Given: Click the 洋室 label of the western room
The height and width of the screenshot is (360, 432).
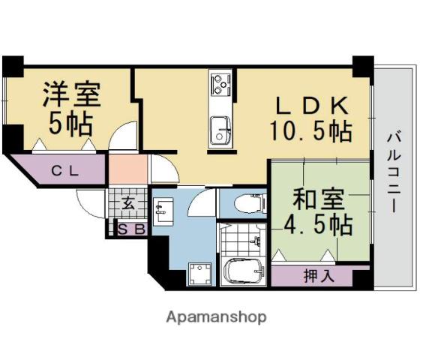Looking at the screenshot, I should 71,94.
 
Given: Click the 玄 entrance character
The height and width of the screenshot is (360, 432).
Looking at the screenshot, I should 128,202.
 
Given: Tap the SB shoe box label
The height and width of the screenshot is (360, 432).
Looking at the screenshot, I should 130,229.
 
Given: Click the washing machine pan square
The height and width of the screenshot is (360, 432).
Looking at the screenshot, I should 199,274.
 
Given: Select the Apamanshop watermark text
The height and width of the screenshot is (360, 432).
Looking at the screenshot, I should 215,316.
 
